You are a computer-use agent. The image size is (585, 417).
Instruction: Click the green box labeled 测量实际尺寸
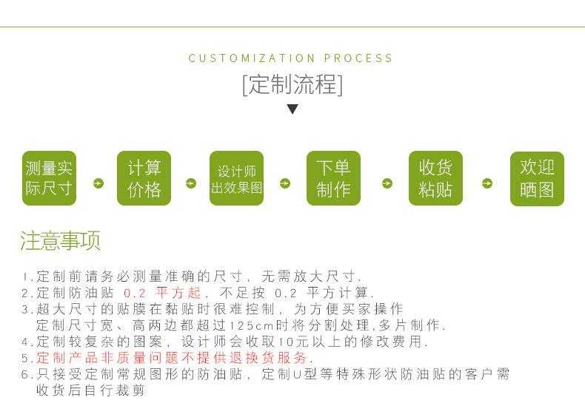(x=49, y=179)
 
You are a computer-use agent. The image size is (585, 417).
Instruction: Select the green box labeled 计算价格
(x=144, y=179)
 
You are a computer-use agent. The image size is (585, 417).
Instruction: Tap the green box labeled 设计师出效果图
(x=236, y=179)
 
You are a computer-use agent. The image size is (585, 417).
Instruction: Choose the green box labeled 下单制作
(x=333, y=179)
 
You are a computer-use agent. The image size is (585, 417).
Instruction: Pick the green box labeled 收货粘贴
(x=435, y=179)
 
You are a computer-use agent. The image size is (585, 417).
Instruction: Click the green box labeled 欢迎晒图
(x=537, y=179)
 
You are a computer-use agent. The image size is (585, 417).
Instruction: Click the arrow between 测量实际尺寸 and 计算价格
(x=98, y=183)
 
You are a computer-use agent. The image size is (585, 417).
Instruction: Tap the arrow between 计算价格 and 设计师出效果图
(x=191, y=183)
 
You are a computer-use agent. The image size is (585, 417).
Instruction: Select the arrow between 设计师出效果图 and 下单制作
(x=285, y=183)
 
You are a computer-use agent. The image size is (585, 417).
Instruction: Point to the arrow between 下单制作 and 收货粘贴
(x=387, y=183)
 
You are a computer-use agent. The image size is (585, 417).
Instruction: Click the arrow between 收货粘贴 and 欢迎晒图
(x=487, y=183)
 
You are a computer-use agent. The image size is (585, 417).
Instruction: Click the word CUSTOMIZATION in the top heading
(x=253, y=58)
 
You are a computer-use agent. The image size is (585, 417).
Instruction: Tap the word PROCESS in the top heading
(x=359, y=58)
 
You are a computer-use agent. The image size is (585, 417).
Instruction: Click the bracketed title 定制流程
(x=292, y=85)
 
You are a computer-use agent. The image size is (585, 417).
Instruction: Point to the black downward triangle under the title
(x=292, y=109)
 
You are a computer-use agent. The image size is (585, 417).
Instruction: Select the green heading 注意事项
(x=60, y=241)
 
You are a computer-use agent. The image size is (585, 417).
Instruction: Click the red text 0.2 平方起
(x=162, y=293)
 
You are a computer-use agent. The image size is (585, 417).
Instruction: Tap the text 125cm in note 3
(x=252, y=326)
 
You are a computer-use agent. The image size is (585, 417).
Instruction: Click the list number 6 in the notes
(x=24, y=375)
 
